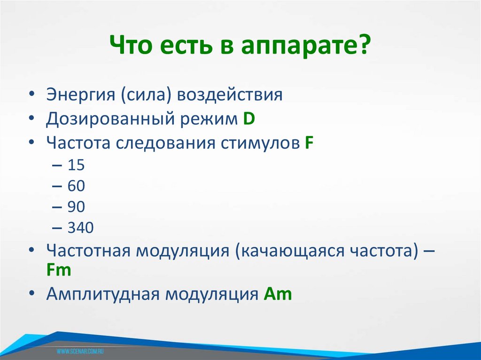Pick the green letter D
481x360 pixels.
coord(249,119)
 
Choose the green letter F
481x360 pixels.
coord(309,142)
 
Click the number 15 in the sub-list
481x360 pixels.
coord(76,165)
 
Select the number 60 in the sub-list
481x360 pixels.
coord(76,186)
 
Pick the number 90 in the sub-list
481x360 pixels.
coord(76,207)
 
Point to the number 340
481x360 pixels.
coord(81,228)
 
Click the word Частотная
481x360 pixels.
coord(88,251)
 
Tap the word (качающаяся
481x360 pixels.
coord(285,251)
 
